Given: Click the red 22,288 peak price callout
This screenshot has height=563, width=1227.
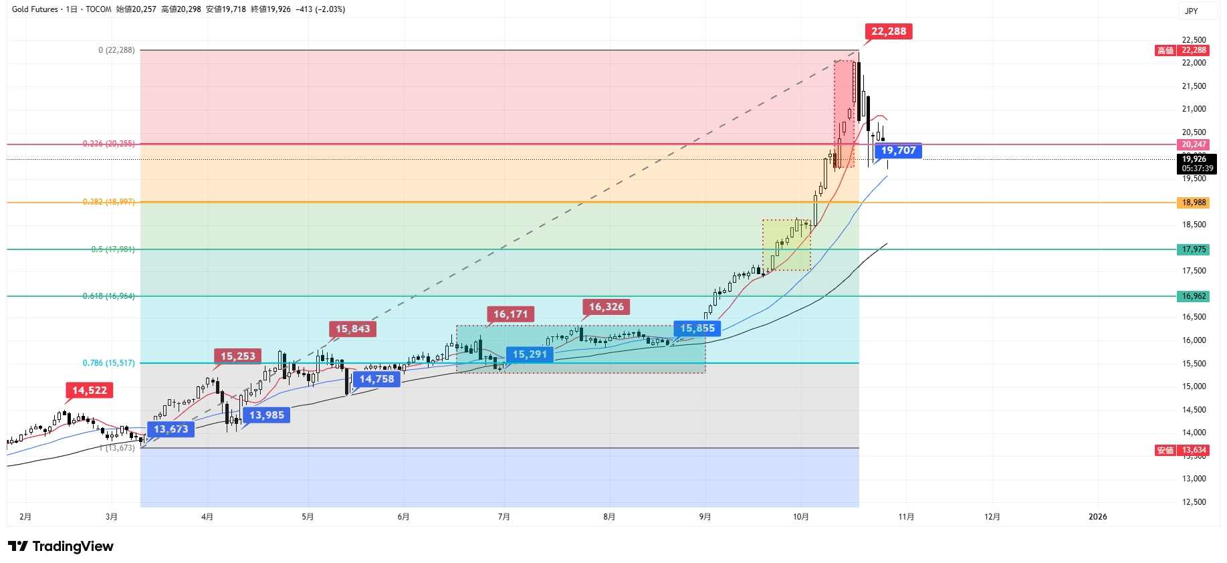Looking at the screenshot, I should point(889,31).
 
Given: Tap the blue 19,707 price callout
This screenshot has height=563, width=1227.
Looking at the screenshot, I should point(898,150).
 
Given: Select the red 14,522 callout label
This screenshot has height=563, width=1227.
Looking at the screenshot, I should point(90,390).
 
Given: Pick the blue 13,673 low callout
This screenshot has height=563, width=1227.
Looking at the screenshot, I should point(171,429).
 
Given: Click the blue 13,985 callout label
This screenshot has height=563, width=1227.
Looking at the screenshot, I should point(267,415).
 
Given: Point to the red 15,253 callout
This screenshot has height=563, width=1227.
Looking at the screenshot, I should point(238,356).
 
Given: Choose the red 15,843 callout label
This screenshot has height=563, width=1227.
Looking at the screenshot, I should point(352,329).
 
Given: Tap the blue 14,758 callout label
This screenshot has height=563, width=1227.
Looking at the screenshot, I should point(376,379).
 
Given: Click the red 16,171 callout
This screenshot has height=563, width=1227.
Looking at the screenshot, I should point(510,314).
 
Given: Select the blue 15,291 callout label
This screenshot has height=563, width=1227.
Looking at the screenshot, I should point(530,354).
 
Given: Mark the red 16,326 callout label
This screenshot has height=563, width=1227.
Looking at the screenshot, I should point(606,307).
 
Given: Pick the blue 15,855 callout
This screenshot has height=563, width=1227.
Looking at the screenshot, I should point(697,328).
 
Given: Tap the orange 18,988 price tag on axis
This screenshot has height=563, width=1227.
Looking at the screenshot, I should point(1194,203).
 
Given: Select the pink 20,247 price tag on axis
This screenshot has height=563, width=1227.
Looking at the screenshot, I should point(1194,144).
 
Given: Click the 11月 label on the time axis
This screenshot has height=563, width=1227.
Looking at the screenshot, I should point(906,517).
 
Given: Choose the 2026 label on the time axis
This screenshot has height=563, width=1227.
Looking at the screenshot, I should point(1097,517).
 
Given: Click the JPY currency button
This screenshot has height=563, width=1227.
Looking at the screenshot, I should point(1192,11).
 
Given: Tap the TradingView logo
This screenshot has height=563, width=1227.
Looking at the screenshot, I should point(61,546).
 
